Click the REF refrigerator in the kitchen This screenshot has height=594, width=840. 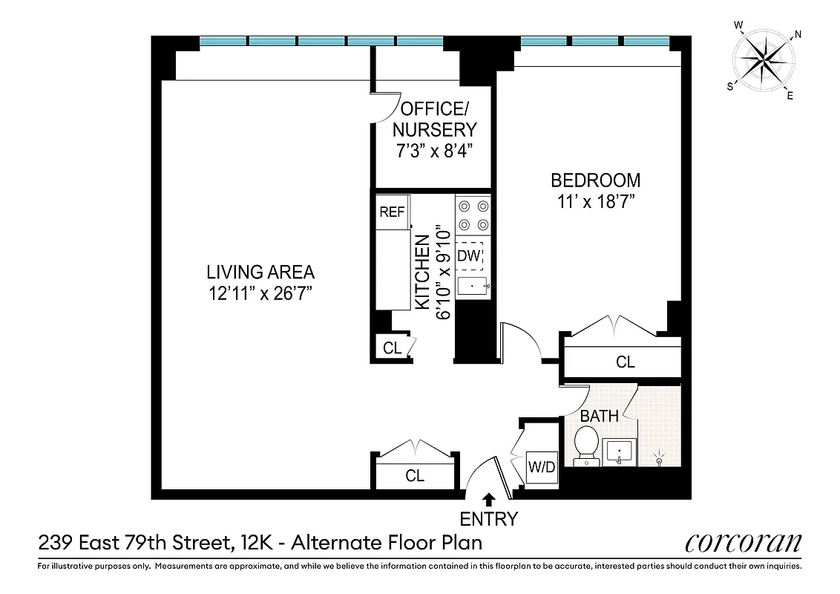[x=392, y=212]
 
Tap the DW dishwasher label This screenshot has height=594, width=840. [x=469, y=256]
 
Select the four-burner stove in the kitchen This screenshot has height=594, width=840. [x=473, y=215]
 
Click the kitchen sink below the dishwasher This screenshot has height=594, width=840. [x=473, y=286]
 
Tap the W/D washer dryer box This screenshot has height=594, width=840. [x=541, y=468]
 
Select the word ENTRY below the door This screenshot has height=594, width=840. [x=488, y=518]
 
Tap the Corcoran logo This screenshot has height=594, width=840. [x=743, y=543]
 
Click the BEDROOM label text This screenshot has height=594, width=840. [x=595, y=180]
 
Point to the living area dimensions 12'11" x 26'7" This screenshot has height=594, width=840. [x=260, y=293]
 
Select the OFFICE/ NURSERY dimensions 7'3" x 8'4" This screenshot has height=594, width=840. [x=434, y=149]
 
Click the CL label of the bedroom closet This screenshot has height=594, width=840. [x=626, y=362]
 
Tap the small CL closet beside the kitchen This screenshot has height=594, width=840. [x=392, y=347]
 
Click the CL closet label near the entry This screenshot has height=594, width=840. [x=415, y=476]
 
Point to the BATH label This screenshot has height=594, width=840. [x=600, y=416]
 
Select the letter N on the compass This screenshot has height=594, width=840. [x=798, y=34]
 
